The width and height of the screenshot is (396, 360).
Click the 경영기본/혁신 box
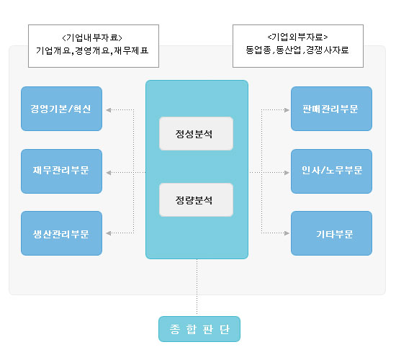pos(62,109)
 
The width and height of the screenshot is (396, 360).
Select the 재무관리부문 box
pos(62,171)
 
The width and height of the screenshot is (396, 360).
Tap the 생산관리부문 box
pos(62,233)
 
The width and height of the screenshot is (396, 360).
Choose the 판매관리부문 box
pos(331,109)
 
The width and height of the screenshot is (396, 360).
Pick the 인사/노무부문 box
pos(331,171)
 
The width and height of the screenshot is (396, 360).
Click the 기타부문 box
pos(331,233)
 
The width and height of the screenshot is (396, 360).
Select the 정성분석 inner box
pos(196,134)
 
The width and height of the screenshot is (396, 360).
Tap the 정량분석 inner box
pos(196,200)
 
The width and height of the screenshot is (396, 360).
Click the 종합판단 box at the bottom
pos(199,329)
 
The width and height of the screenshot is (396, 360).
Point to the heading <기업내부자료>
pos(92,38)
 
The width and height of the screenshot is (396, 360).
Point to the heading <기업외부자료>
pos(297,37)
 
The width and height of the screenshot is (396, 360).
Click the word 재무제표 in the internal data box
pos(131,51)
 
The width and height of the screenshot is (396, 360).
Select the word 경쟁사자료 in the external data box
pos(328,50)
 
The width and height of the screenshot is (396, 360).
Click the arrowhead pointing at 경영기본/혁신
pos(109,110)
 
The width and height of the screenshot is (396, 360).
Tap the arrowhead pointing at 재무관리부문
pos(109,173)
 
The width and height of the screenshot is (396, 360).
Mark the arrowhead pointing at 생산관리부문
pos(109,233)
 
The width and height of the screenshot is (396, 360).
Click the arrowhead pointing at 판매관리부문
pos(287,110)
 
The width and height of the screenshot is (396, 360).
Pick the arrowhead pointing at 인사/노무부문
pos(287,173)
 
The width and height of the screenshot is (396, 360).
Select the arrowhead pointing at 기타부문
pos(287,233)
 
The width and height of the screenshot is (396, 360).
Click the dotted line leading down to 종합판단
pos(197,287)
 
